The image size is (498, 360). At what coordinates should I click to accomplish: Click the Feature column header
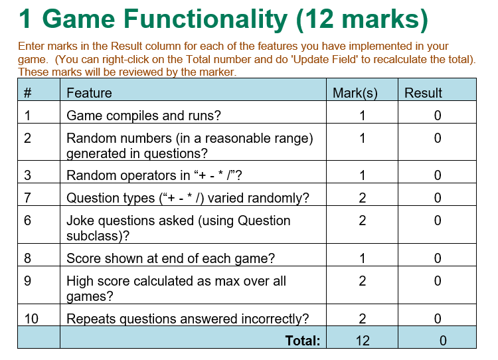click(89, 93)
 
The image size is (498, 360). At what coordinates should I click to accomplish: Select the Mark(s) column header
click(355, 93)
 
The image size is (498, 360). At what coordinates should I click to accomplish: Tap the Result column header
click(423, 93)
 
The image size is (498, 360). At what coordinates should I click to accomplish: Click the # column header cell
click(27, 93)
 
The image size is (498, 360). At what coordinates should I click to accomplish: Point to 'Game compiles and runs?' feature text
click(143, 116)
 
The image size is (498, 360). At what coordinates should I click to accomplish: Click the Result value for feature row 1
click(438, 116)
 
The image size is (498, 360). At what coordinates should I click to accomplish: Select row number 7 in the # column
click(27, 197)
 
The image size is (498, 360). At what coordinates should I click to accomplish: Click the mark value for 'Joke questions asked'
click(363, 220)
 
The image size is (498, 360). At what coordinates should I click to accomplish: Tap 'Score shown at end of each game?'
click(171, 258)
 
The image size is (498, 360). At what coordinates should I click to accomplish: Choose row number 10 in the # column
click(31, 319)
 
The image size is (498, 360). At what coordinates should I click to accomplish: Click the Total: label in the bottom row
click(303, 341)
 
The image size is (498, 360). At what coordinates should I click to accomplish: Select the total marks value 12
click(362, 341)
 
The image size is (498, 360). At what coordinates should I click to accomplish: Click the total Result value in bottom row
click(443, 341)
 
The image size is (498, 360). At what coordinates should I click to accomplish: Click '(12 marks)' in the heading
click(362, 19)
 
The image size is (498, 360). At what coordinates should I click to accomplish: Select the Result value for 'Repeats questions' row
click(438, 319)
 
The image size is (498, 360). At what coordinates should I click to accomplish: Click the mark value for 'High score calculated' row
click(363, 281)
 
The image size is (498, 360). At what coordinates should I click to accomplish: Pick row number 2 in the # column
click(27, 138)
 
